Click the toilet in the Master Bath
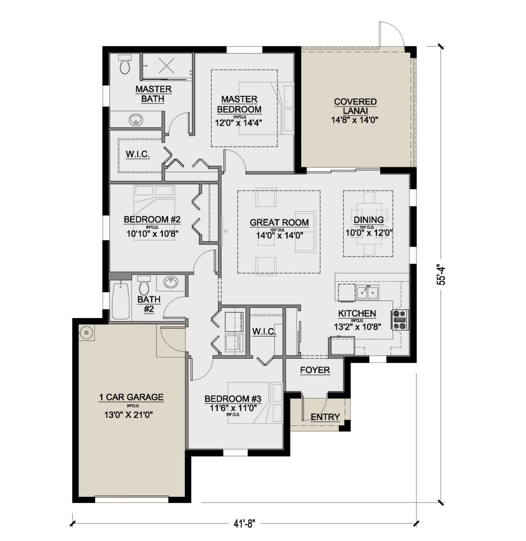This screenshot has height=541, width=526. point(125,65)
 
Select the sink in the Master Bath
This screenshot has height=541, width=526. point(135,120)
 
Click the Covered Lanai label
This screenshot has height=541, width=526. point(355,106)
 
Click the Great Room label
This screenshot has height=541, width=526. point(279,223)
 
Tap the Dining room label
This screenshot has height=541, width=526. point(368,220)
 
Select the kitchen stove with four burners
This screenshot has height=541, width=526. point(400,320)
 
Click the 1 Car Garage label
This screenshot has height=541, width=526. point(131,397)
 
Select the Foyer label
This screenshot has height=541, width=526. point(315,370)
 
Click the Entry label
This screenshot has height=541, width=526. point(325,417)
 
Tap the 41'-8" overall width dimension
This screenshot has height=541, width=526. point(242,523)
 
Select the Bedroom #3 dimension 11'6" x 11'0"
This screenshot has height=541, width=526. point(233,407)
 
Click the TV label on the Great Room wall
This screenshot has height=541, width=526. point(225,231)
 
